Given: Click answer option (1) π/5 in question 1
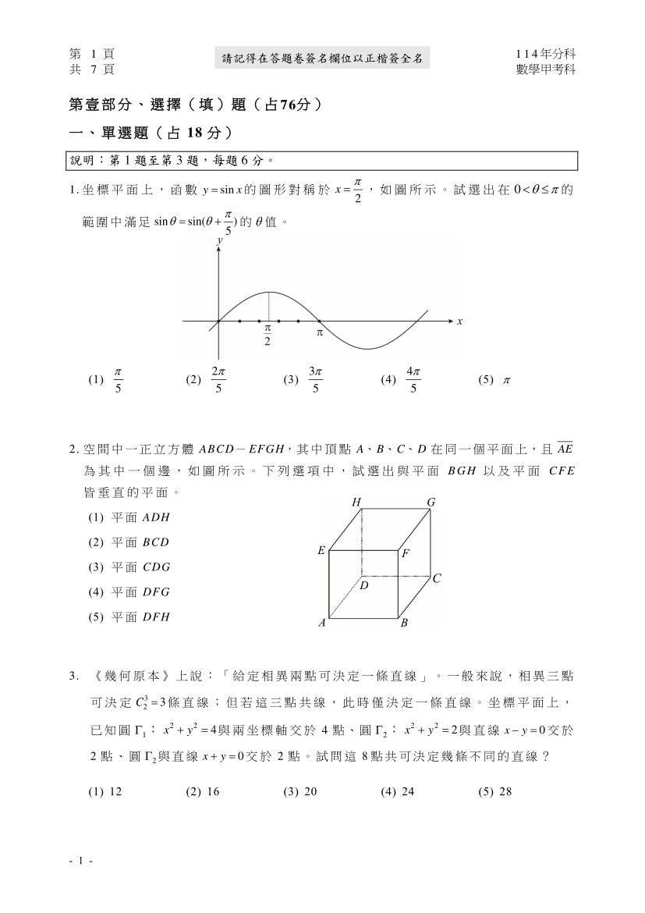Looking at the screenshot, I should pyautogui.click(x=108, y=380).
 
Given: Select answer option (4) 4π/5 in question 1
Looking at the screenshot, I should pyautogui.click(x=402, y=380).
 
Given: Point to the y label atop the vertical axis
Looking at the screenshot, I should pyautogui.click(x=220, y=242).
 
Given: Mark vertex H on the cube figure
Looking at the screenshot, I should pyautogui.click(x=356, y=503).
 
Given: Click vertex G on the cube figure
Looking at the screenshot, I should pyautogui.click(x=431, y=503).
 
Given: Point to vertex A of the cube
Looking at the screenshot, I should pyautogui.click(x=321, y=623).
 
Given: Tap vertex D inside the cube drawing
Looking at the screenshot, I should pyautogui.click(x=363, y=584).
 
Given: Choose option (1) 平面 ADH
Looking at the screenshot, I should pyautogui.click(x=129, y=517).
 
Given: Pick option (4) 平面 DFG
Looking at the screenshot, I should pyautogui.click(x=129, y=592).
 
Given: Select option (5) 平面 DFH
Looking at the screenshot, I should pyautogui.click(x=129, y=617).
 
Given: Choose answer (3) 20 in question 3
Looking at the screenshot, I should pyautogui.click(x=301, y=791).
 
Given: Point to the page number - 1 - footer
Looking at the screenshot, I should pyautogui.click(x=80, y=860).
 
